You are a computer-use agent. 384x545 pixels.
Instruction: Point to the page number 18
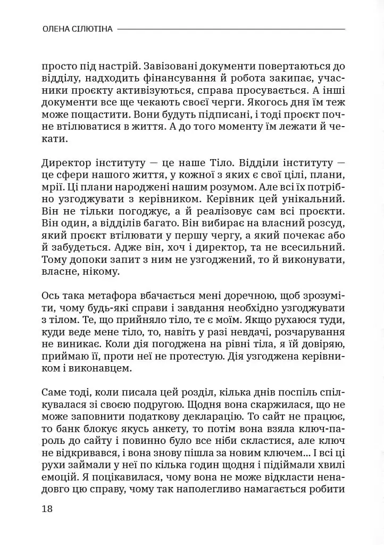[47, 508]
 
